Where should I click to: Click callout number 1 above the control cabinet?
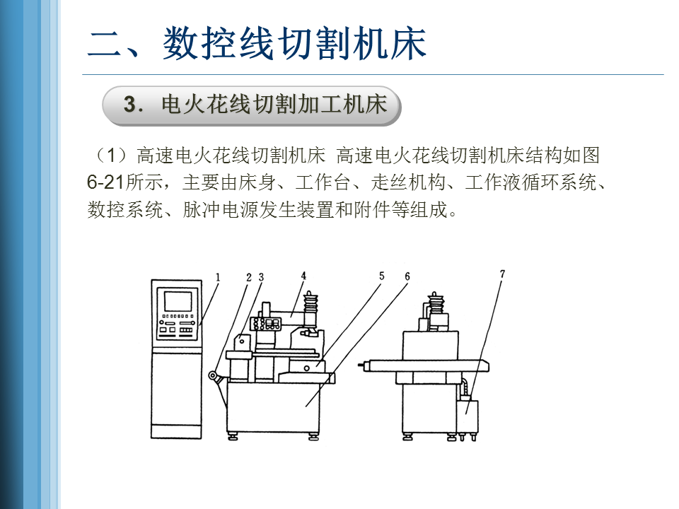click(x=218, y=277)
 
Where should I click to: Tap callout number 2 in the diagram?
click(x=249, y=277)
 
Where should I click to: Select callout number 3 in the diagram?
click(x=261, y=277)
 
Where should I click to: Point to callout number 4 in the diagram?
click(x=303, y=276)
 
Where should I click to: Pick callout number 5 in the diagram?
click(x=381, y=276)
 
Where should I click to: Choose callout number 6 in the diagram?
click(x=407, y=276)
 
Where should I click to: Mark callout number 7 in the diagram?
click(x=502, y=274)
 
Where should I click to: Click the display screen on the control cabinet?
click(x=178, y=301)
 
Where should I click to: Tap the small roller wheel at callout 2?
click(x=213, y=375)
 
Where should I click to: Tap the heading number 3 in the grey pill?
click(x=130, y=105)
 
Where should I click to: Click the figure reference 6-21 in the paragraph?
click(x=106, y=182)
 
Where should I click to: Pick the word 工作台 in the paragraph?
click(x=323, y=182)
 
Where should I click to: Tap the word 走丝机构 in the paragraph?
click(x=408, y=182)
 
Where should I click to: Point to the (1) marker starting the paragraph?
click(x=111, y=155)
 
